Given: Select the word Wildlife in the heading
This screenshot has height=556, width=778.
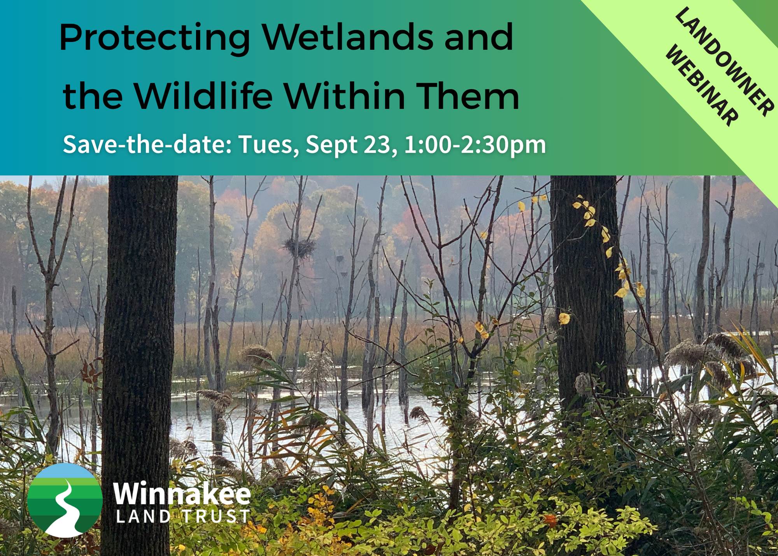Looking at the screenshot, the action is [203, 95].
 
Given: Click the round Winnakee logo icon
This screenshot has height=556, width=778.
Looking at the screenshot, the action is [65, 500].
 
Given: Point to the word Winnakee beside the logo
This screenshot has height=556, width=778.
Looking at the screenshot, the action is [182, 493].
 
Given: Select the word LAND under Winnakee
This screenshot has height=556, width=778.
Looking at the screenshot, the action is [144, 516].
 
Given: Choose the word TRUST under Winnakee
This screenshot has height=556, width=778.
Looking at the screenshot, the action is [217, 516].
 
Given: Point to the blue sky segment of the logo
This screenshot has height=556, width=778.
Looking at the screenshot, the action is [65, 470].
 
